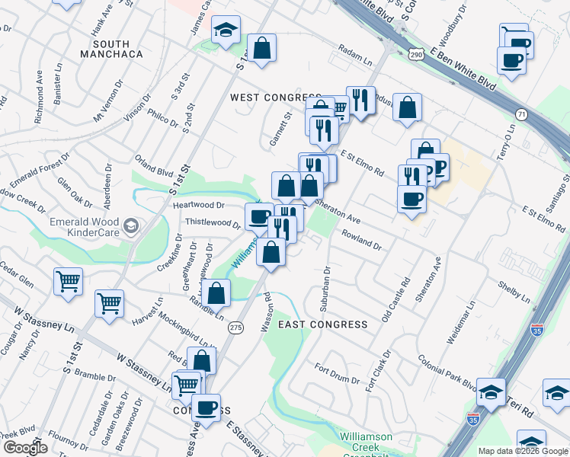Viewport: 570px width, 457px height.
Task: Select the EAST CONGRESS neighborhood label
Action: point(322,324)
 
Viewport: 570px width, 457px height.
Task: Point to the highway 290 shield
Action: point(416,55)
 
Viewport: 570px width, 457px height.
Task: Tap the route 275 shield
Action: point(235,327)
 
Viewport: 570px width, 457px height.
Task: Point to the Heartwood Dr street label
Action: point(199,205)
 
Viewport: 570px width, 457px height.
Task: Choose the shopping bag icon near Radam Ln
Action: point(262,47)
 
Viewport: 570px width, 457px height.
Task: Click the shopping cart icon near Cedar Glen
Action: point(68,281)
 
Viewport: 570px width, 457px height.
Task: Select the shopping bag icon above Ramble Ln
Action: point(216,292)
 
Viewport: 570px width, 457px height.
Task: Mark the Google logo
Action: point(26,448)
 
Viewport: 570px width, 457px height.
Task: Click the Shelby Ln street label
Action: point(513,289)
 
